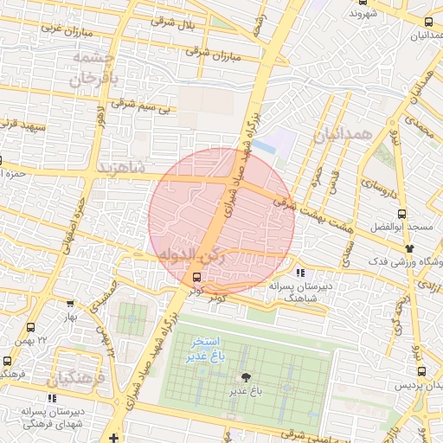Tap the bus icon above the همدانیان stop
click(x=428, y=22)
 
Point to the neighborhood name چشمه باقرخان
click(x=93, y=68)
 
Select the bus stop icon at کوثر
click(x=197, y=278)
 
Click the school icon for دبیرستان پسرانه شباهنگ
click(x=300, y=273)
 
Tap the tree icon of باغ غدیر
click(x=247, y=377)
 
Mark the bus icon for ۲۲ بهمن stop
click(x=31, y=328)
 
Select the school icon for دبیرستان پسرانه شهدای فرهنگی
click(x=52, y=399)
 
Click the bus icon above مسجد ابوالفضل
click(x=401, y=214)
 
